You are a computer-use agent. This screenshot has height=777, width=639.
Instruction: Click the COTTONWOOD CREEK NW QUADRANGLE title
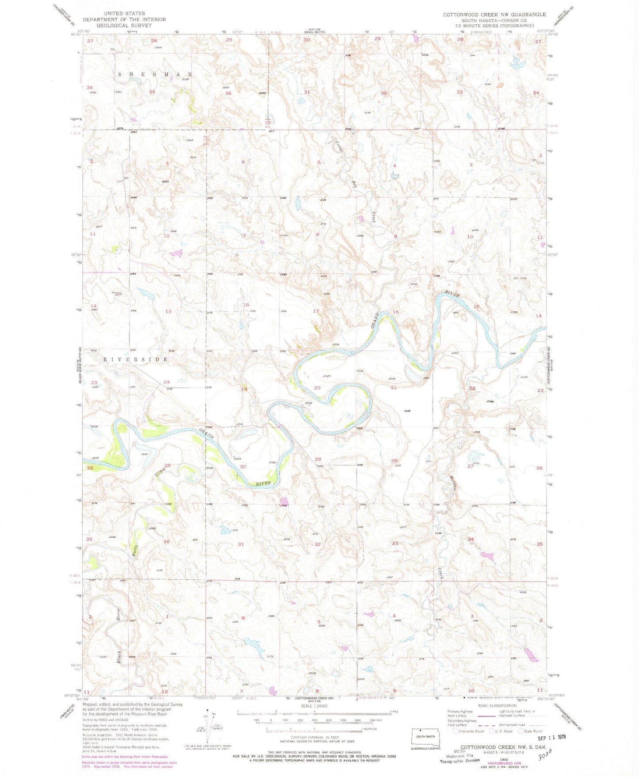coord(494,15)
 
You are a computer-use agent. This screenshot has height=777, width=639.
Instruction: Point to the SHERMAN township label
coord(155,74)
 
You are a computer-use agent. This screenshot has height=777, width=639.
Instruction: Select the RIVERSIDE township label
coord(136,360)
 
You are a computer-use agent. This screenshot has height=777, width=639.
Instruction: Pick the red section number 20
coord(317,388)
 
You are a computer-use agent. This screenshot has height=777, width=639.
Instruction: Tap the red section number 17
coord(316,311)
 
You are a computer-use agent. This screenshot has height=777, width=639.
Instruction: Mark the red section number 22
coord(472,388)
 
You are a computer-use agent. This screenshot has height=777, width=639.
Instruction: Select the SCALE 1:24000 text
coord(314,706)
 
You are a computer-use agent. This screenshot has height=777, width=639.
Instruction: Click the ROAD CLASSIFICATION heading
coord(496,706)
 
